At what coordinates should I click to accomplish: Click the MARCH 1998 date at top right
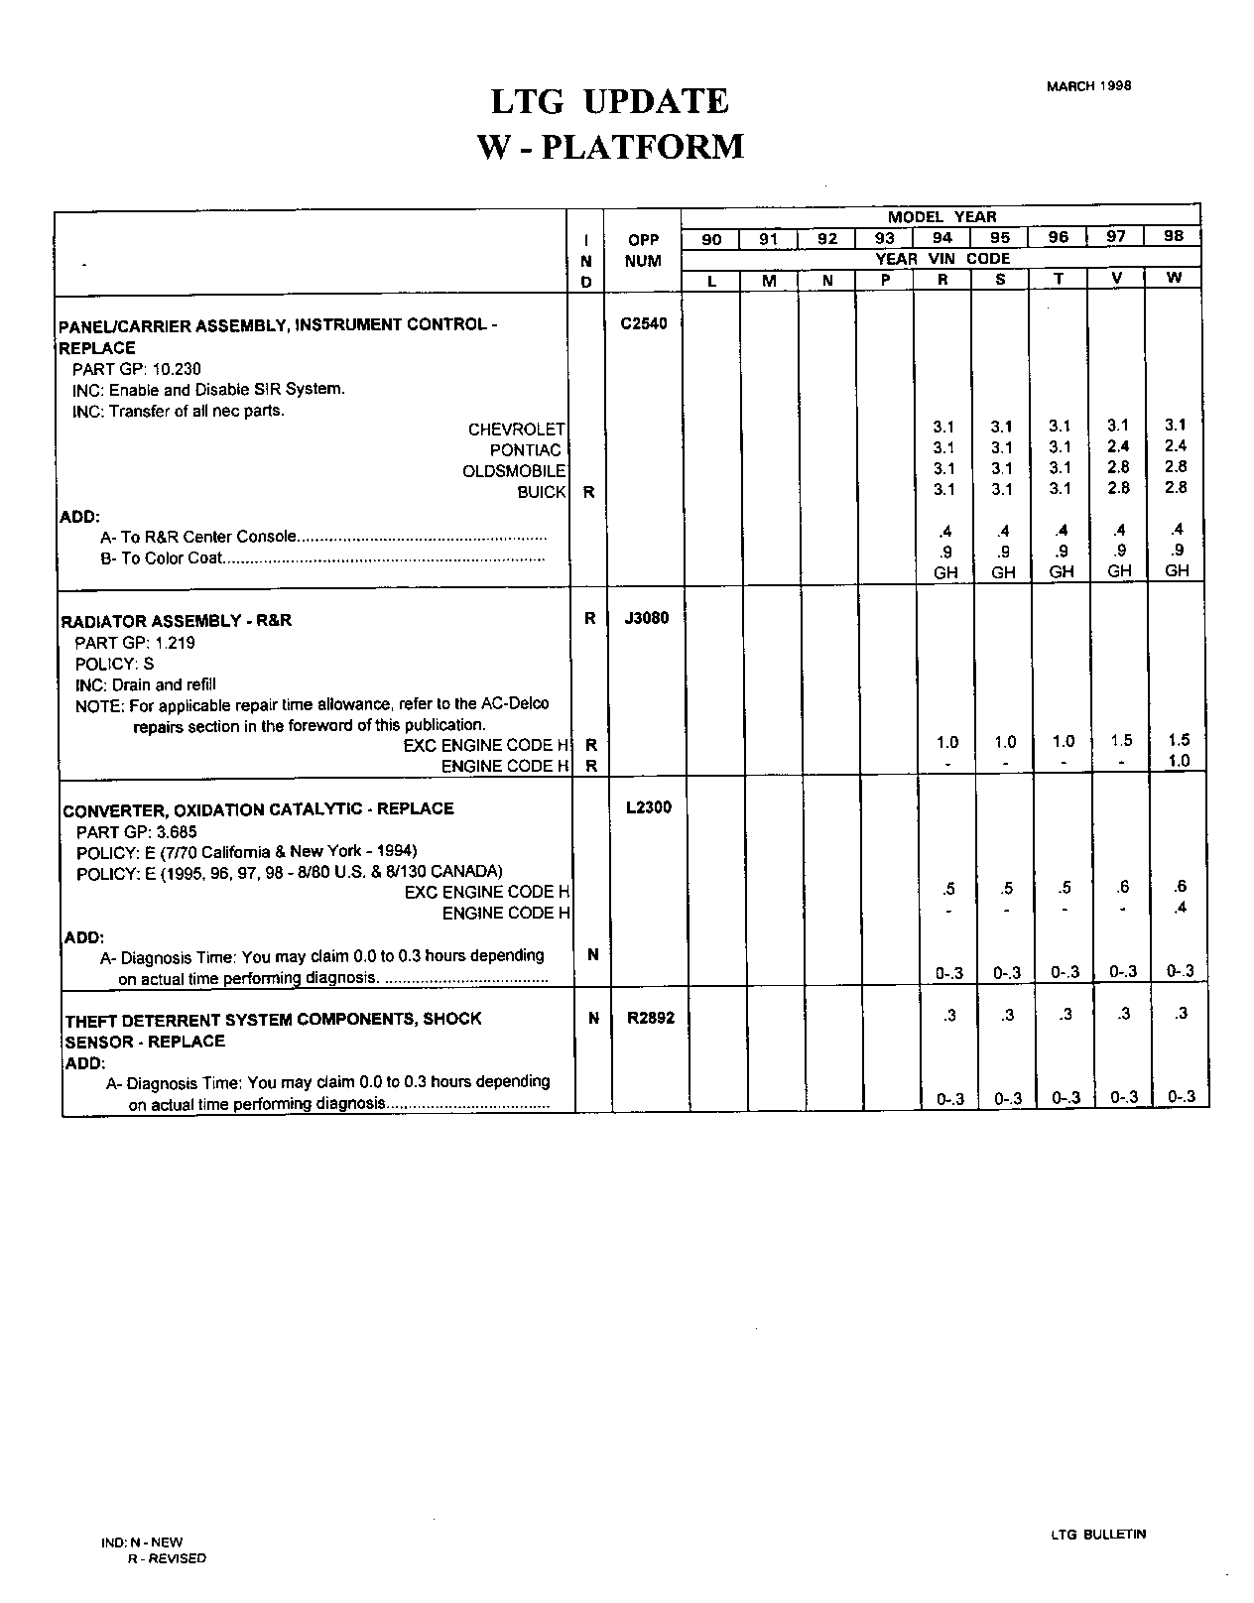(1088, 85)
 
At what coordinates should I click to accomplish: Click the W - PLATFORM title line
(610, 147)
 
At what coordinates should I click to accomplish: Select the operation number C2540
(644, 322)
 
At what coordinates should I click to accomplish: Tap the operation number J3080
(647, 618)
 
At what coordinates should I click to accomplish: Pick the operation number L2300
(648, 807)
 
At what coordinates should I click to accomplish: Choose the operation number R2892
(650, 1017)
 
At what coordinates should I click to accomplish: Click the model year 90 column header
(711, 239)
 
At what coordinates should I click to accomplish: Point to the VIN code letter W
(1174, 278)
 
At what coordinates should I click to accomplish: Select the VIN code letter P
(885, 280)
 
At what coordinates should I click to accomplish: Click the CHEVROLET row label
(516, 429)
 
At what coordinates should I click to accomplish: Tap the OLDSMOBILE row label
(514, 471)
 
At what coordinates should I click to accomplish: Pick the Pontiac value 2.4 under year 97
(1118, 446)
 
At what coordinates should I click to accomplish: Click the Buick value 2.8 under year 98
(1176, 488)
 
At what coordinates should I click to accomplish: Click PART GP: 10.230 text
(137, 369)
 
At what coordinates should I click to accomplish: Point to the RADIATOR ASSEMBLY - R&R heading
(177, 621)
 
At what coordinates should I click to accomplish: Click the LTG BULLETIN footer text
(1097, 1535)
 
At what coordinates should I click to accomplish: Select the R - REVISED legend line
(166, 1558)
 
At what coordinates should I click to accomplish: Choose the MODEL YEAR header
(941, 217)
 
